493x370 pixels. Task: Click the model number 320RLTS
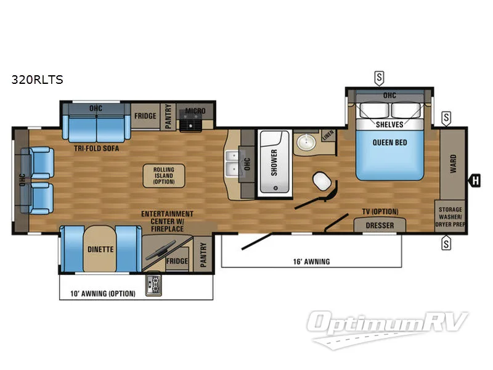coord(36,79)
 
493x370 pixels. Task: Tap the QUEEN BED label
coord(389,142)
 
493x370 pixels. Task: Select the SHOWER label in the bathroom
coord(274,162)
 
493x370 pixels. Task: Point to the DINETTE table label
coord(99,250)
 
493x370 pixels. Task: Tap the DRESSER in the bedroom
coord(380,225)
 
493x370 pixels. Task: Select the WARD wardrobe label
coord(453,164)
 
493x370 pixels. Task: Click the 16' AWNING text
coord(311,261)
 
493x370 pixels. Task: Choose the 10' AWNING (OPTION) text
coord(102,293)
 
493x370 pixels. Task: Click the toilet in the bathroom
coord(320,181)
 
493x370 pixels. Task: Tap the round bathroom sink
coord(304,144)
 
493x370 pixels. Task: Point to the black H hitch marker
coord(475,181)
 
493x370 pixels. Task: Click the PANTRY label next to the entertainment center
coord(203,255)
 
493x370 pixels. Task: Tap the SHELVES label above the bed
coord(389,124)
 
